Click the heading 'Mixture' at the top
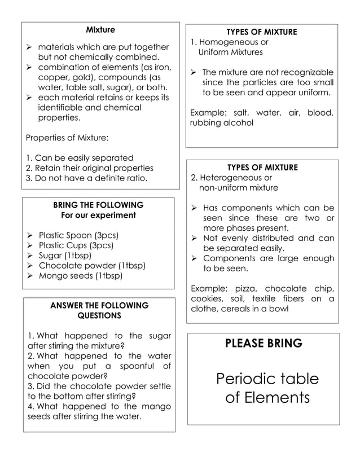pyautogui.click(x=100, y=29)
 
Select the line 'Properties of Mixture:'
pyautogui.click(x=68, y=138)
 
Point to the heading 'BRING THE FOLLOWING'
pyautogui.click(x=98, y=205)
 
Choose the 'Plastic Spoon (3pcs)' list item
pyautogui.click(x=78, y=235)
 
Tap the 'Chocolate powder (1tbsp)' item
pyautogui.click(x=92, y=265)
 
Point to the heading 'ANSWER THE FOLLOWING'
pyautogui.click(x=99, y=305)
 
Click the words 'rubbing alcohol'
pyautogui.click(x=222, y=122)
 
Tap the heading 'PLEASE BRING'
pyautogui.click(x=264, y=343)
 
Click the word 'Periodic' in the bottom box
pyautogui.click(x=243, y=379)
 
